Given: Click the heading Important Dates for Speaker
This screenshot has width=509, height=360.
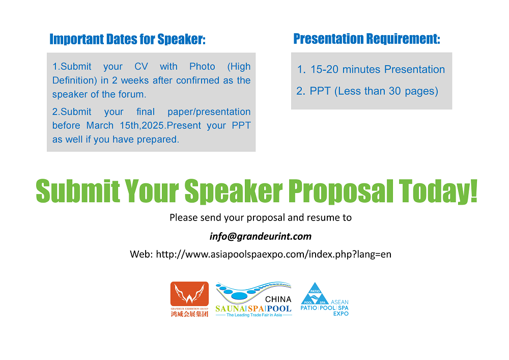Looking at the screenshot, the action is pyautogui.click(x=128, y=39).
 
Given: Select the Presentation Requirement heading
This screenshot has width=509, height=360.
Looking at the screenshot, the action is pyautogui.click(x=367, y=39).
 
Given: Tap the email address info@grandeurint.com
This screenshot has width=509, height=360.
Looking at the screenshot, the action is pyautogui.click(x=261, y=236).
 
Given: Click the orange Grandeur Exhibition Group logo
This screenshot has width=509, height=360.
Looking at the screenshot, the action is pyautogui.click(x=189, y=299).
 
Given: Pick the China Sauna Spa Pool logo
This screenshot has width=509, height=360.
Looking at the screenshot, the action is pyautogui.click(x=253, y=299).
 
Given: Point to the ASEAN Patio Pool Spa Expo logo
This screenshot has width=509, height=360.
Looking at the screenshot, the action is pyautogui.click(x=325, y=299).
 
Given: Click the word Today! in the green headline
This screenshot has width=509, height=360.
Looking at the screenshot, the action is pyautogui.click(x=438, y=191).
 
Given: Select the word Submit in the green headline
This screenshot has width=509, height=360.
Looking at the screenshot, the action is pyautogui.click(x=78, y=191).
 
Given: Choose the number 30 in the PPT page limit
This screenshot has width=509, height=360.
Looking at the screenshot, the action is pyautogui.click(x=395, y=91).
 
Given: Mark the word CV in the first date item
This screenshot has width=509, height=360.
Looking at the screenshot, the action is pyautogui.click(x=141, y=67).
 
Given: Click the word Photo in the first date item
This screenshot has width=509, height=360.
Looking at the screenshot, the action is pyautogui.click(x=202, y=67).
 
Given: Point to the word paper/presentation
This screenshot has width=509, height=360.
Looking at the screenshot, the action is pyautogui.click(x=209, y=112).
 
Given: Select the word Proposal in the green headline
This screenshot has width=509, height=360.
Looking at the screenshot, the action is pyautogui.click(x=341, y=192).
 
